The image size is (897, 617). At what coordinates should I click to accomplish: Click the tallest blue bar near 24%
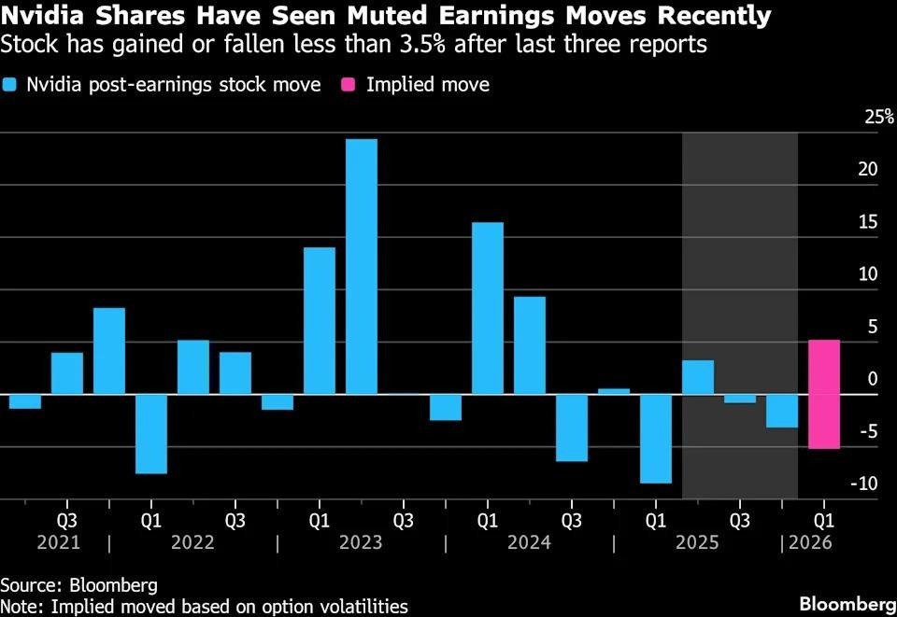coord(362,266)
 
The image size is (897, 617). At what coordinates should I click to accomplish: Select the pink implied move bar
coord(824,394)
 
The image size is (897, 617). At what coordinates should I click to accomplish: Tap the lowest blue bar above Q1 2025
coord(656,439)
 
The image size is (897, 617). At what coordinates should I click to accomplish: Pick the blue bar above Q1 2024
coord(488,308)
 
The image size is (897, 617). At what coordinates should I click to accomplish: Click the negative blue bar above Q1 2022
coord(151,434)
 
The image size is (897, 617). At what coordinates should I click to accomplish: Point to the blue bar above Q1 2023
coord(320,320)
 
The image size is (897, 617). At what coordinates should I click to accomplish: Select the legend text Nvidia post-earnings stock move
coord(174,85)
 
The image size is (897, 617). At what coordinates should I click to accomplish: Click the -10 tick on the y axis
coord(866,484)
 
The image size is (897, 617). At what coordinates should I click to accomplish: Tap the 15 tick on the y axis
coord(868,222)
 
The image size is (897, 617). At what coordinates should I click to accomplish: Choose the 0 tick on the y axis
coord(872,379)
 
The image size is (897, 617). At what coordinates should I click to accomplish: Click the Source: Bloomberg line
coord(78,584)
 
